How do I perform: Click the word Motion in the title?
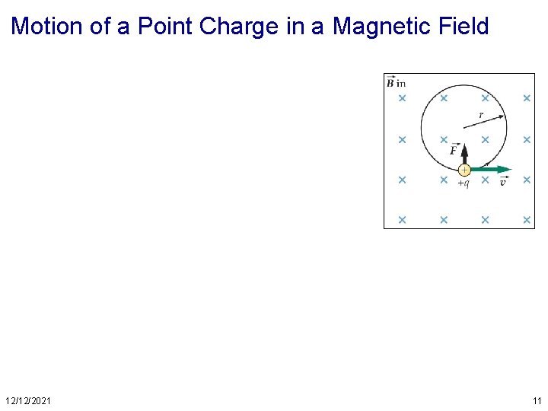coord(47,27)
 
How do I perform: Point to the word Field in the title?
coord(460,27)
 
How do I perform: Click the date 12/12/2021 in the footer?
coord(28,400)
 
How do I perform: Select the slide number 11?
coord(537,400)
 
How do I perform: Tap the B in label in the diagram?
coord(396,82)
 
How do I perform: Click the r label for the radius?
coord(481,115)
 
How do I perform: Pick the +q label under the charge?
coord(463,183)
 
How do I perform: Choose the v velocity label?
coord(503,182)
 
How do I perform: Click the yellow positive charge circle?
coord(464,170)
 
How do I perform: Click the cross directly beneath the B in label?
coord(402,98)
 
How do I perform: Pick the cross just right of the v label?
coord(526,180)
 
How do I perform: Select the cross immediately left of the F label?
coord(443,140)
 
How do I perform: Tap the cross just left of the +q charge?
coord(443,180)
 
